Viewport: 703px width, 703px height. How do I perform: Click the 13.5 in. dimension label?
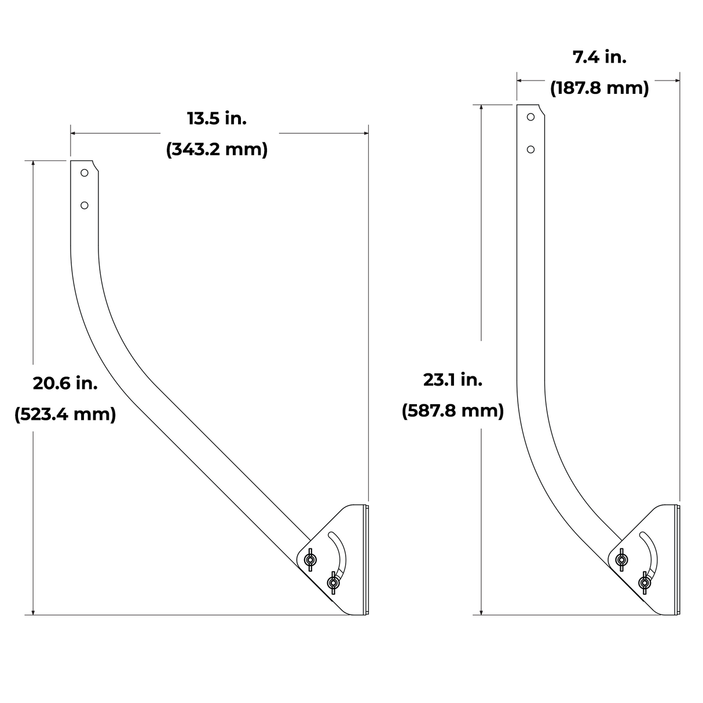click(217, 119)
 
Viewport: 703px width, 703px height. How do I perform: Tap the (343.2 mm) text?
click(217, 149)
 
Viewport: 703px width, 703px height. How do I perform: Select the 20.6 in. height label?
click(65, 383)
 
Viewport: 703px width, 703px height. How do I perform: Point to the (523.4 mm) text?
click(65, 415)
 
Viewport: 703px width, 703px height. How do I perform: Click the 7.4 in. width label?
click(600, 57)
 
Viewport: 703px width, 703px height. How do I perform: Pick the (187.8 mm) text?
click(600, 88)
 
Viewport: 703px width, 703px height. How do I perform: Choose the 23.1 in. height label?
click(453, 380)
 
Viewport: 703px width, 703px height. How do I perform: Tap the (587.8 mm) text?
click(453, 411)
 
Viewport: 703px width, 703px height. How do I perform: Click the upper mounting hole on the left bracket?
click(85, 173)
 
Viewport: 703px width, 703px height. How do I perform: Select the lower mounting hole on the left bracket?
click(85, 206)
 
